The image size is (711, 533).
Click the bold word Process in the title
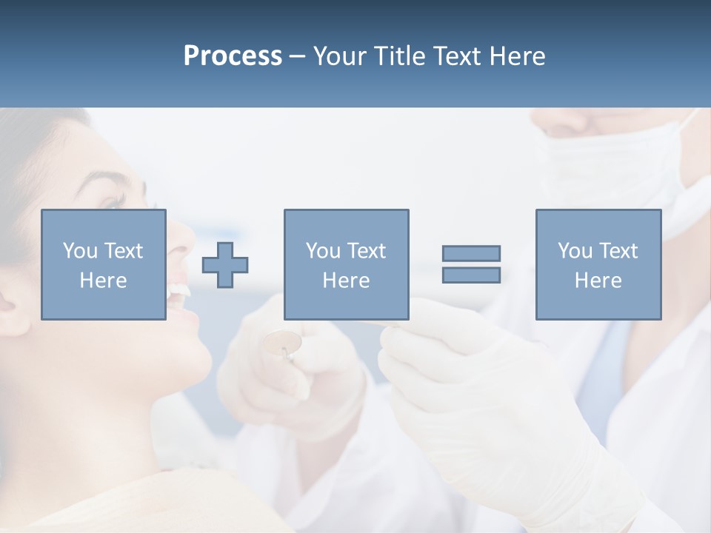(233, 56)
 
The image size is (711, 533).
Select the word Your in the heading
(339, 56)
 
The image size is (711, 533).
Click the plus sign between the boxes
(225, 265)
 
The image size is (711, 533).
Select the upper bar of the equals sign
(471, 253)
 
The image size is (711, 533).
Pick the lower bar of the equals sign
(471, 275)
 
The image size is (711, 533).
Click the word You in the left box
(79, 251)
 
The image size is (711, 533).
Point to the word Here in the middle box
(346, 281)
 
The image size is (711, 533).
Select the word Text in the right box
(618, 251)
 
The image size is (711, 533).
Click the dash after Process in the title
(298, 56)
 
